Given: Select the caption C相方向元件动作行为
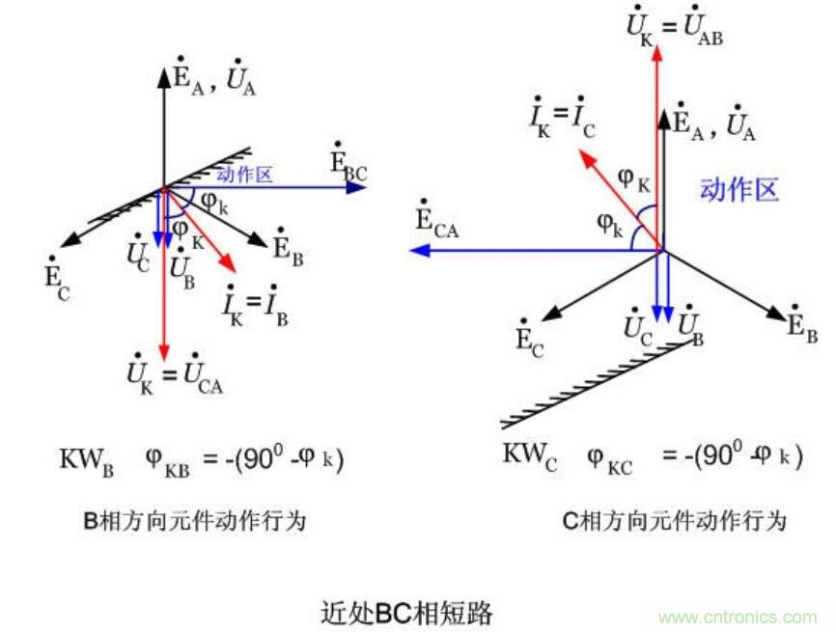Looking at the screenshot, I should coord(674,522).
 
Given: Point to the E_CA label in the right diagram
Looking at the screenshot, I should coord(436,220).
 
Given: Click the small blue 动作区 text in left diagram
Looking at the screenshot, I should coord(244,175).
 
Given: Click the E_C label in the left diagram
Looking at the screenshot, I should coord(56,282).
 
